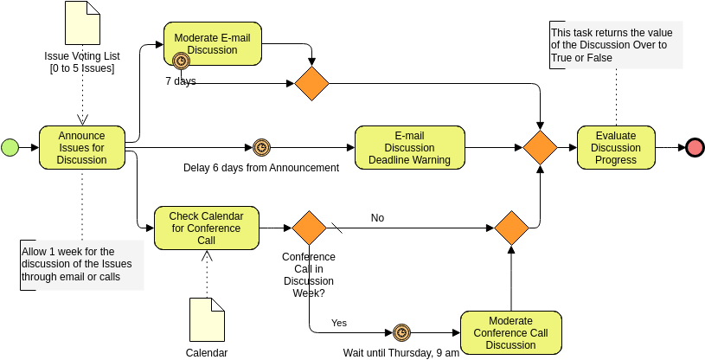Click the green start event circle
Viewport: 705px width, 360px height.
point(10,147)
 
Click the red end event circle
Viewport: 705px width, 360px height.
point(695,147)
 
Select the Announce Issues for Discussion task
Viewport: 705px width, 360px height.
point(82,147)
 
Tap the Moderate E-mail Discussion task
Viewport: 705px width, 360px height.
point(212,43)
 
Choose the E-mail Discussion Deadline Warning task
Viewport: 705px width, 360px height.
point(409,147)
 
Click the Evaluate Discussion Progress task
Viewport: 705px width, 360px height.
point(616,147)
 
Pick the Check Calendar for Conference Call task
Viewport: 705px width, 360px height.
point(206,228)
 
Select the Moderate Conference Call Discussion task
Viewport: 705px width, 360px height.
point(510,333)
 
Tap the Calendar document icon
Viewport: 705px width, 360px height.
point(207,319)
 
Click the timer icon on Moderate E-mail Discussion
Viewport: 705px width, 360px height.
point(181,61)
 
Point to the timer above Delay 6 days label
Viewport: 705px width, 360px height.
point(261,147)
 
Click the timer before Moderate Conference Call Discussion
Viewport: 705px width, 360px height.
point(401,332)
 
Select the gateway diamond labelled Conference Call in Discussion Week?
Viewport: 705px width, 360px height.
point(309,228)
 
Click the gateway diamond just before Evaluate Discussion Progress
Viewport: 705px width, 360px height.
point(541,147)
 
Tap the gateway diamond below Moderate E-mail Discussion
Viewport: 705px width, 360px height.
point(311,83)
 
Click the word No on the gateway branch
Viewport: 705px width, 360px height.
point(377,218)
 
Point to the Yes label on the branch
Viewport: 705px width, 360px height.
point(339,323)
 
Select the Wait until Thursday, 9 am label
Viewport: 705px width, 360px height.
point(401,352)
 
